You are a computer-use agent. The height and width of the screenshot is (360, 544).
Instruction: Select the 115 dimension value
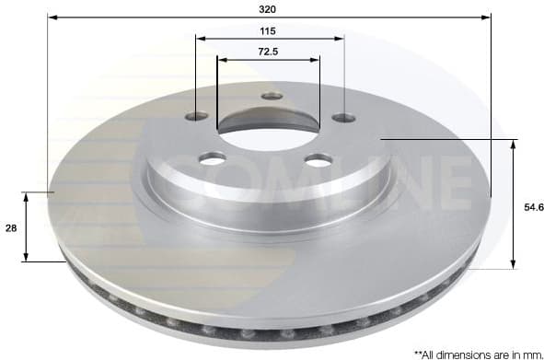[x=268, y=29]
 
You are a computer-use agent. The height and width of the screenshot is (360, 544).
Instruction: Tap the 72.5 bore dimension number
[x=268, y=51]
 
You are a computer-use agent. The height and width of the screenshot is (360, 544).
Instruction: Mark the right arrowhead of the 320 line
[x=487, y=17]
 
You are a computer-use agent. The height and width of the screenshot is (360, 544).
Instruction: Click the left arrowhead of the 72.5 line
[x=221, y=60]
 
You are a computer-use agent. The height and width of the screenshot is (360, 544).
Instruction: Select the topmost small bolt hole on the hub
[x=270, y=96]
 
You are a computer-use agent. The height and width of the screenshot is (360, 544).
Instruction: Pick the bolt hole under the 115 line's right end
[x=342, y=117]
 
